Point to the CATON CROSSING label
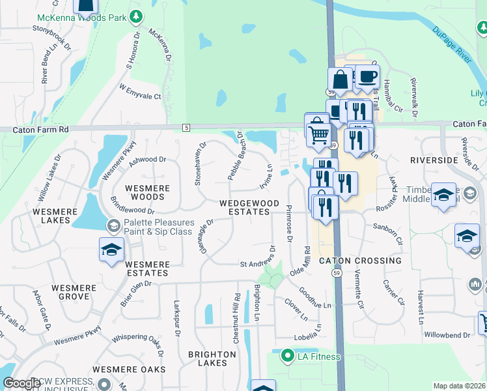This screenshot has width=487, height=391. click(360, 261)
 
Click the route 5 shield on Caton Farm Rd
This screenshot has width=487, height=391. click(186, 126)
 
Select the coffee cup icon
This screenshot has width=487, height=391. click(367, 75)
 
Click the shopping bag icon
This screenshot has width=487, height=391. click(340, 80)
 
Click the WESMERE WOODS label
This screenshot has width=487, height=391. click(148, 192)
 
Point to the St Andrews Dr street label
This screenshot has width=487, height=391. click(258, 264)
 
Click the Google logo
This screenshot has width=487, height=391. click(22, 383)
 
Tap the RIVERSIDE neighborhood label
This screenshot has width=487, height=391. click(434, 160)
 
